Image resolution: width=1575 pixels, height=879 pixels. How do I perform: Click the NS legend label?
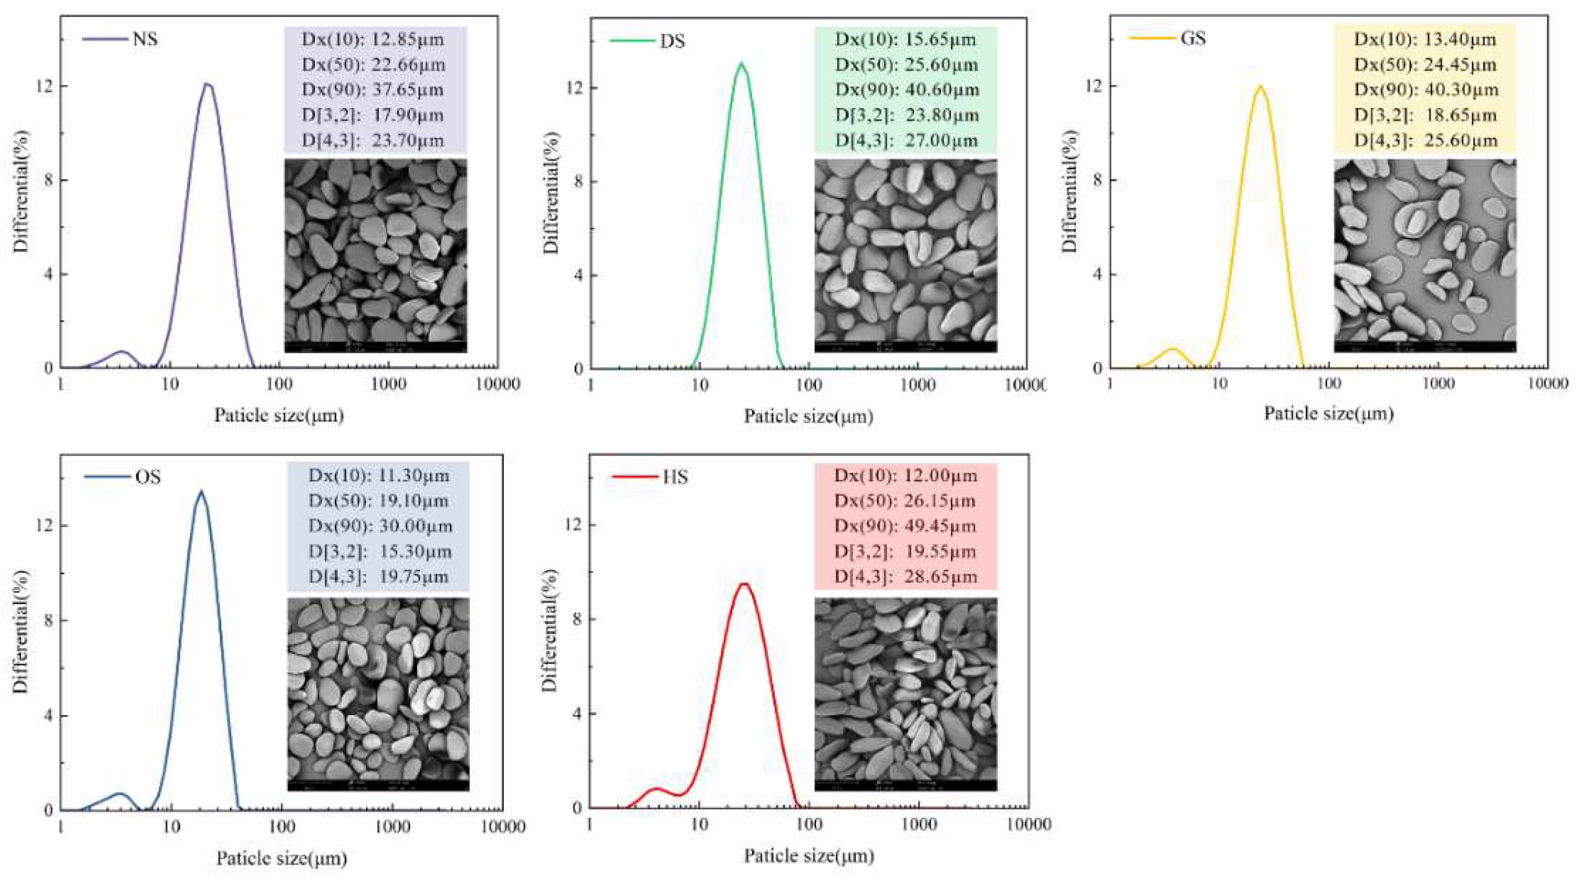click(x=145, y=39)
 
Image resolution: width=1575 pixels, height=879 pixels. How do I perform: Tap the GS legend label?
click(x=1193, y=38)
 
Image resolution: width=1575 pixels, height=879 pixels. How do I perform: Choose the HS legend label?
click(x=675, y=476)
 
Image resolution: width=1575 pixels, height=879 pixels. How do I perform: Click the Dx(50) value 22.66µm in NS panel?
click(x=408, y=65)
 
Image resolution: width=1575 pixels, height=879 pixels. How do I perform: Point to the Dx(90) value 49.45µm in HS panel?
click(x=940, y=526)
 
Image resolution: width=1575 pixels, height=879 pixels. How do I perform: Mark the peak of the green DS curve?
click(x=742, y=63)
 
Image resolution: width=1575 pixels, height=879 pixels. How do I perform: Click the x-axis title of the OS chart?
click(x=281, y=858)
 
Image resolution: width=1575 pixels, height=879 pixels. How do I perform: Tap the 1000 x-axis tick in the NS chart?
click(x=388, y=384)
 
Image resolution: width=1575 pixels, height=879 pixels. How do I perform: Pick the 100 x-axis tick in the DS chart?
click(x=808, y=384)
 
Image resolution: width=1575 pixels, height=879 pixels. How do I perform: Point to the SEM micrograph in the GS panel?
click(x=1425, y=256)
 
